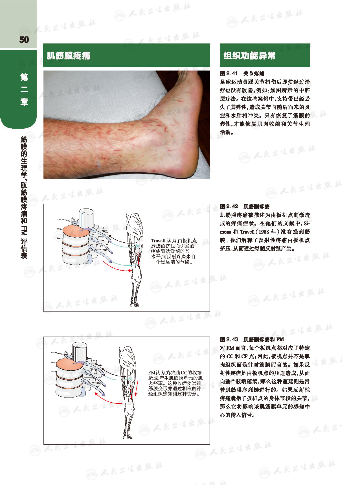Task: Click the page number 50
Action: pos(24,40)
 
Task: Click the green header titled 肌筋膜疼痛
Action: pos(127,55)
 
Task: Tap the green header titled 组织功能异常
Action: pos(265,55)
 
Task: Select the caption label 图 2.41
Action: pos(229,73)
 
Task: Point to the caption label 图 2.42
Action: pos(229,206)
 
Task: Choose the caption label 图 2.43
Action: pos(229,339)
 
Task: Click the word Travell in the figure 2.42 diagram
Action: pos(158,241)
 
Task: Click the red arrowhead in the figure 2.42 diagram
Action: pos(130,270)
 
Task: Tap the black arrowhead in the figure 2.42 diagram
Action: pos(110,236)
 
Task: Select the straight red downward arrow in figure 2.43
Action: pos(137,388)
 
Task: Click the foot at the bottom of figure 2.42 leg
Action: pos(135,305)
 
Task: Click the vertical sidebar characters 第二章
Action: pos(24,90)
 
